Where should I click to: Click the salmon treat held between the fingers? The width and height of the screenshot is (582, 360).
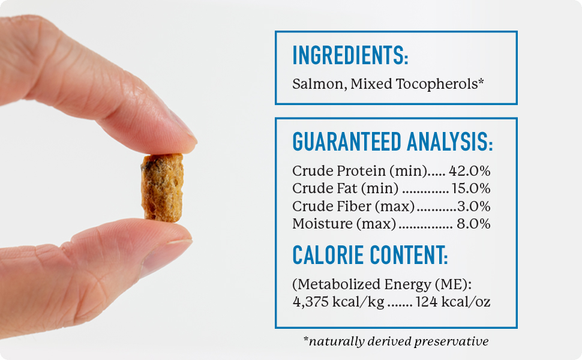(x=162, y=187)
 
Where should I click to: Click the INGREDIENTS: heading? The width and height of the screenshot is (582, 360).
(x=350, y=56)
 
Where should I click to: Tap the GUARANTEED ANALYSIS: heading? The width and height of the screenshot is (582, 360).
(x=392, y=142)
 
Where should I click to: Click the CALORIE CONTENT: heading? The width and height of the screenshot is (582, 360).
(x=370, y=256)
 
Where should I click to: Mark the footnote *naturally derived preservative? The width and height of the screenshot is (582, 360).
(x=396, y=341)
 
